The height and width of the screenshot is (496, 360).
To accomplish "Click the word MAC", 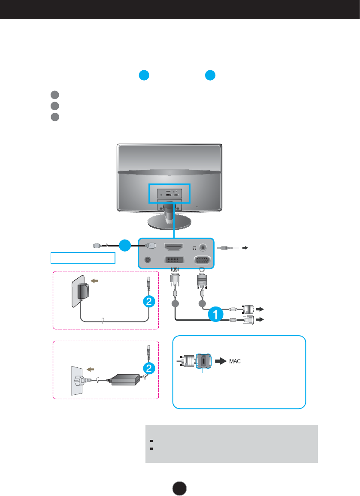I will click(x=234, y=361).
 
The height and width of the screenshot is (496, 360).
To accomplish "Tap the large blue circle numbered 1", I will click(x=215, y=314).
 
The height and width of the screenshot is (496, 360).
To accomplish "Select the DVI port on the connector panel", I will click(x=175, y=260).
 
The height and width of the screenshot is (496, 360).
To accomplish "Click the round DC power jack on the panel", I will click(x=148, y=260).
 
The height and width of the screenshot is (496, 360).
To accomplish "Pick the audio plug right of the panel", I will click(x=227, y=247).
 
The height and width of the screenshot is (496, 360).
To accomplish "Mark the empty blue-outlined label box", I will click(x=82, y=258).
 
